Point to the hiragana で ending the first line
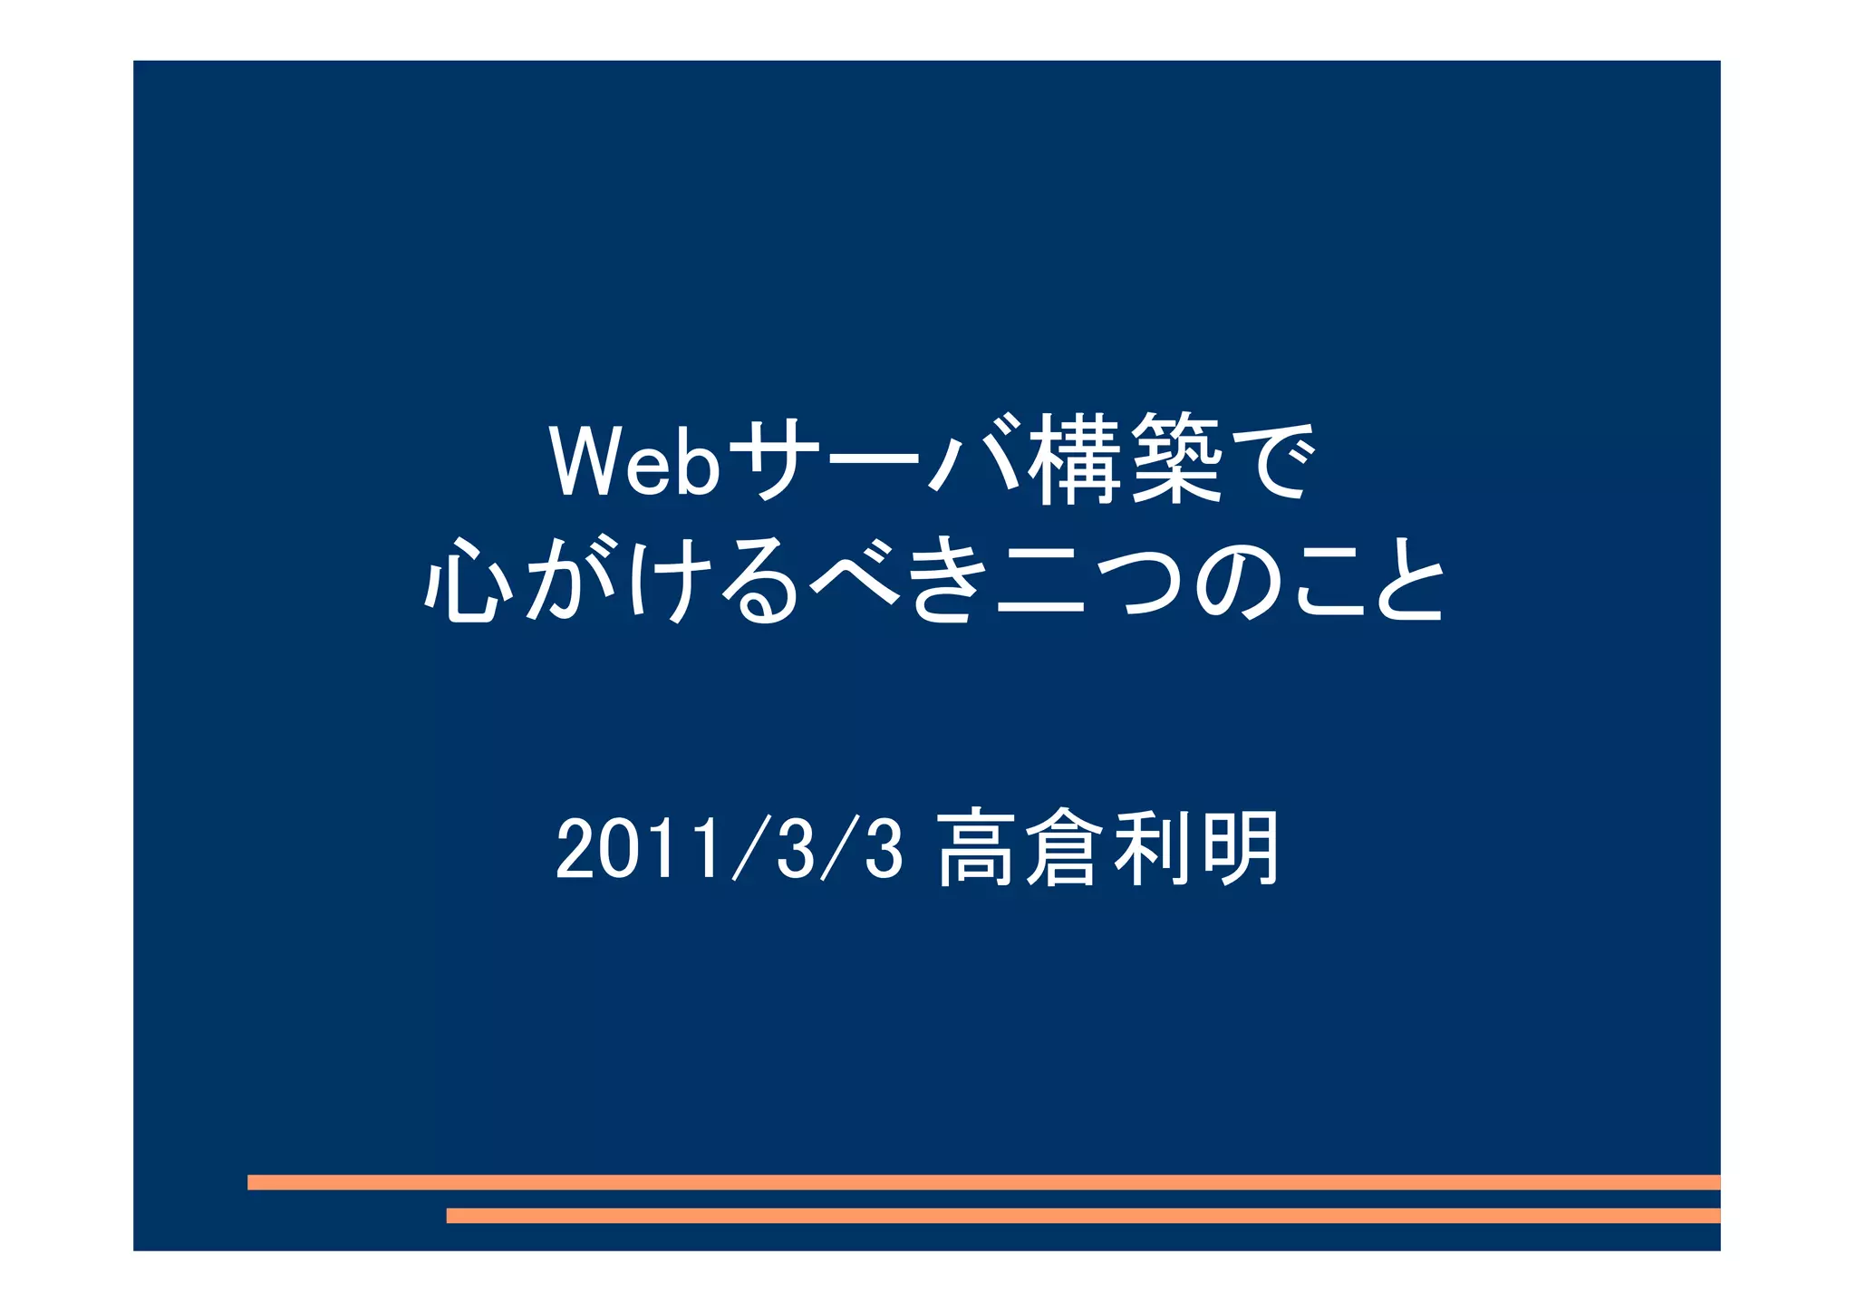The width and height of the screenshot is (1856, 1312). coord(1268,460)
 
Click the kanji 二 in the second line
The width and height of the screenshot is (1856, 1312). coord(1040,582)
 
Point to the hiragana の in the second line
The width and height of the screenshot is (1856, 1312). coord(1239,582)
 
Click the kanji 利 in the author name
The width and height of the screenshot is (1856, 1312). coord(1151,848)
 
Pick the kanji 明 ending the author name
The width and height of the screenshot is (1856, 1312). coord(1238,848)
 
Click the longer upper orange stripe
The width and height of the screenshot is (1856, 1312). coord(983,1182)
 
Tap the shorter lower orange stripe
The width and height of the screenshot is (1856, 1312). coord(1083,1215)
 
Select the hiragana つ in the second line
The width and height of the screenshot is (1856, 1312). coord(1139,582)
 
